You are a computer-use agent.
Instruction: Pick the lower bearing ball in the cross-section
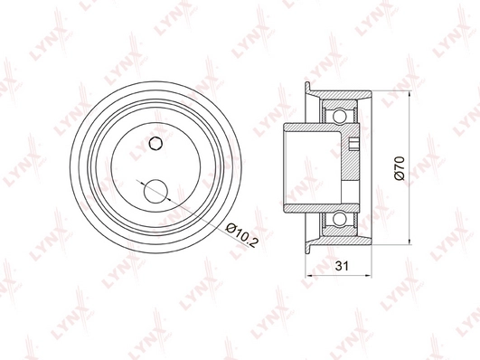(x=341, y=219)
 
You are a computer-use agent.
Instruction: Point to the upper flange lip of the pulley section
(x=312, y=88)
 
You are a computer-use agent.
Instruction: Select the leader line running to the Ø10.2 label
(x=194, y=213)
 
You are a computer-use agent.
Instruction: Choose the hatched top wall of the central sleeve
(x=316, y=128)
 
